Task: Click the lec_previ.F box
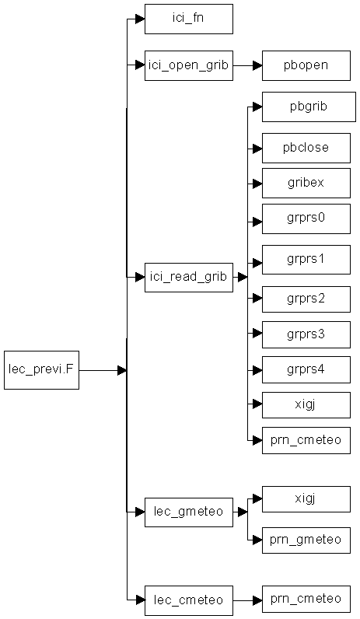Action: coord(41,370)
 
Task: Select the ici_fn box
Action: coord(189,19)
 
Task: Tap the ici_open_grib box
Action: coord(189,65)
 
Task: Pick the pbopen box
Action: coord(306,65)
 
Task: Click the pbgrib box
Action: coord(309,107)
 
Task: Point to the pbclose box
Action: coord(306,148)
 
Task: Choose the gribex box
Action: coord(306,184)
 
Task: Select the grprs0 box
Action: coord(306,219)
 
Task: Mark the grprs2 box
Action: coord(306,299)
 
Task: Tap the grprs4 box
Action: coord(306,370)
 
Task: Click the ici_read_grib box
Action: coord(189,278)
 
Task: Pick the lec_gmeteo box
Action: coord(189,512)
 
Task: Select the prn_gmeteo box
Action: coord(306,540)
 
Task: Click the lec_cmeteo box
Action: coord(189,600)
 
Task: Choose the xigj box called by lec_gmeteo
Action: coord(306,499)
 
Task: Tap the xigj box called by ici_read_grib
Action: coord(306,405)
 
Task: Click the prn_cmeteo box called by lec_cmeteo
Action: coord(306,599)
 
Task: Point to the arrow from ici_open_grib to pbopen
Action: coord(247,65)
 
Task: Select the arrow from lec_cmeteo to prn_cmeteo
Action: coord(247,600)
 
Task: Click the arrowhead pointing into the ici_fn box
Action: coord(140,19)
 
